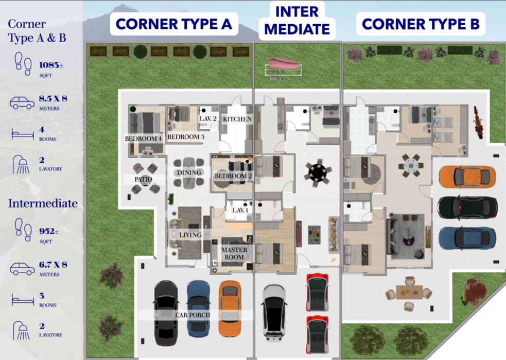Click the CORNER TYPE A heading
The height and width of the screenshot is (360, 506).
pos(174,24)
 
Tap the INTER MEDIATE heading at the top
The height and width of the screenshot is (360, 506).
pos(297,20)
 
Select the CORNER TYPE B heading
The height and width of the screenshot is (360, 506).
pos(421,24)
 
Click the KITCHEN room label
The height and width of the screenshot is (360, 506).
pos(237,119)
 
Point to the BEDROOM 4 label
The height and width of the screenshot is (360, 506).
pos(143,139)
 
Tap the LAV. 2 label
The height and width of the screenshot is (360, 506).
pos(208,118)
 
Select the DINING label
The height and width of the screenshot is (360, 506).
pos(189,173)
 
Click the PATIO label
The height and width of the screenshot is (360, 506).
pos(143,179)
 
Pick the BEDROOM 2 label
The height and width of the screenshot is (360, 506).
pos(233,176)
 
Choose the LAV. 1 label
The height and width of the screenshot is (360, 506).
pos(240,210)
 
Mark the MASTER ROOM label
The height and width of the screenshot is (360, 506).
pos(234,253)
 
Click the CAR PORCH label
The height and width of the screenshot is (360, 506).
pos(193,315)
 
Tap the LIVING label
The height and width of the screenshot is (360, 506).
pos(190,235)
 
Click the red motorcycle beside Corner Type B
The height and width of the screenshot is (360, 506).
pos(479,123)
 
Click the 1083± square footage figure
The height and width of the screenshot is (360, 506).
pos(51,65)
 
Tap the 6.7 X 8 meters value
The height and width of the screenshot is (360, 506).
pos(53,265)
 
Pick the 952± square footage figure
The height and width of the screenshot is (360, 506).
pos(49,231)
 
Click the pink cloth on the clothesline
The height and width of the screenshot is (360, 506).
pos(283,63)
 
